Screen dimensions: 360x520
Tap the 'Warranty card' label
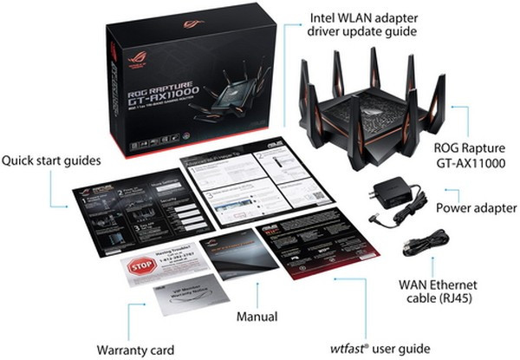pos(136,349)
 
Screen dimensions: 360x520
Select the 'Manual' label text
pos(257,317)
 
